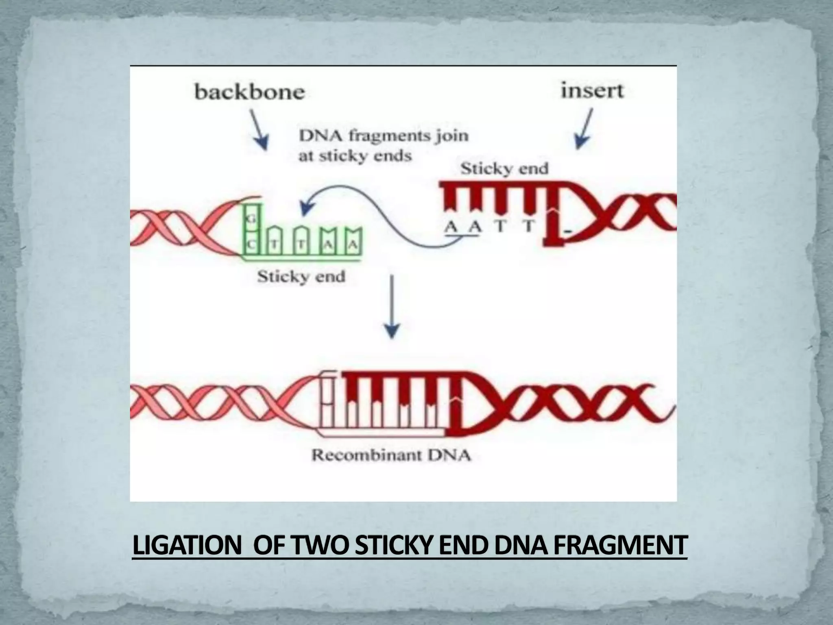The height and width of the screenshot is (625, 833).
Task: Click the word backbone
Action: pos(249,92)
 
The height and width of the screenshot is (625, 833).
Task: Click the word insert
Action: pos(592,90)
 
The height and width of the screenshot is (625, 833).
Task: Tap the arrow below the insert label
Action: pos(584,128)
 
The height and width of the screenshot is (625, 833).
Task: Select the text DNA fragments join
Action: pos(384,135)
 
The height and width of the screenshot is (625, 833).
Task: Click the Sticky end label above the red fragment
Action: pos(504,168)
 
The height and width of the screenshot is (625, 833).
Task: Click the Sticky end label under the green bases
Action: pos(301,277)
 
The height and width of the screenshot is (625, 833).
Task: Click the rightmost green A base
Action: pos(353,245)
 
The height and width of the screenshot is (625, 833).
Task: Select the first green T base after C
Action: pos(276,245)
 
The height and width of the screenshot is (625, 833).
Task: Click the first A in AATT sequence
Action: pos(451,226)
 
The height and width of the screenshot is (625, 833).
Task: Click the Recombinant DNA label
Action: pos(391,455)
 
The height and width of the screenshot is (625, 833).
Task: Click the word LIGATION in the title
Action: pos(187,546)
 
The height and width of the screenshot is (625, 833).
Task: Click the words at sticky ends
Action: pos(355,156)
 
